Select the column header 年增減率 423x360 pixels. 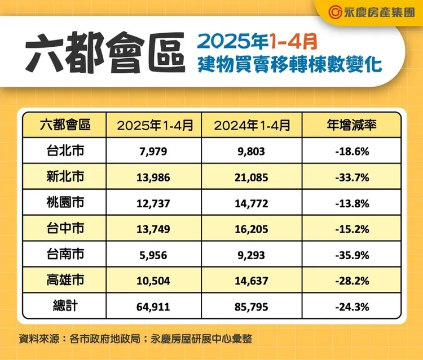(x=352, y=125)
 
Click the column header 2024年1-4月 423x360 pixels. (x=253, y=125)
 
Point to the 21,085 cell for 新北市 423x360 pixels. (x=253, y=177)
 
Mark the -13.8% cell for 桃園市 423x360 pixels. (x=352, y=203)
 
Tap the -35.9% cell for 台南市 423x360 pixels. (x=352, y=255)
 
